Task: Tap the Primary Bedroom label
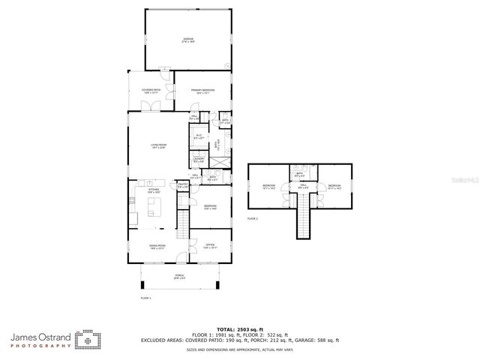tap(203, 91)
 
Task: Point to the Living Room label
tap(158, 146)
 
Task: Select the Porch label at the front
tap(180, 277)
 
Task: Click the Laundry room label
tap(199, 160)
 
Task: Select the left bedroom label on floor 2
tap(270, 187)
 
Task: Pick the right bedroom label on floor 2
tap(334, 187)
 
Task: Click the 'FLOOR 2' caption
tap(253, 218)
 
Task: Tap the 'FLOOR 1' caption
tap(145, 298)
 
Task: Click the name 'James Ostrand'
tap(40, 337)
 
